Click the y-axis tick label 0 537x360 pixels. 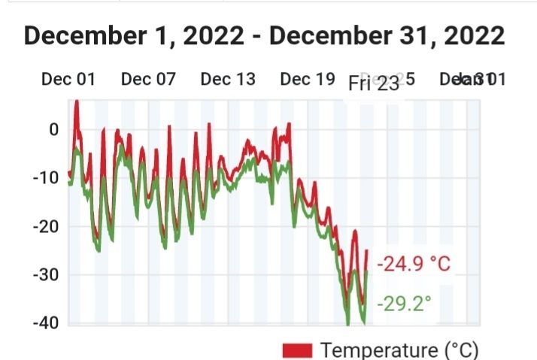tap(53, 129)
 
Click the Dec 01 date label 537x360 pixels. tap(68, 79)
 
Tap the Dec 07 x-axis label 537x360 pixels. tap(147, 79)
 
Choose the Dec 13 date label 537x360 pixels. tap(228, 79)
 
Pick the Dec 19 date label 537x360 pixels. tap(308, 79)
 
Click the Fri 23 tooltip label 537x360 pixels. tap(374, 83)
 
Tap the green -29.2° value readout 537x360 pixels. tap(405, 304)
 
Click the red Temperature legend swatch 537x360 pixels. tap(297, 350)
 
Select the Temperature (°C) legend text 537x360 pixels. tap(399, 350)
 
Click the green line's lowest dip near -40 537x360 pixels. tap(348, 323)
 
